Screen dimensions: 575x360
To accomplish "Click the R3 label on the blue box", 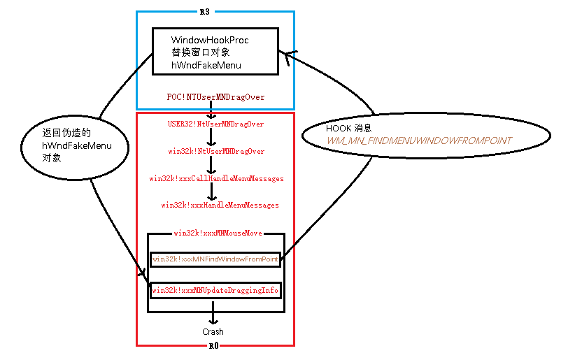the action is click(x=205, y=12).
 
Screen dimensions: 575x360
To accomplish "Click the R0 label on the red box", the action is click(x=214, y=346).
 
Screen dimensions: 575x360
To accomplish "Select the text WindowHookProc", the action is click(x=210, y=40).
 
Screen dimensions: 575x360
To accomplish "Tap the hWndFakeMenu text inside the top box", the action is click(x=206, y=65).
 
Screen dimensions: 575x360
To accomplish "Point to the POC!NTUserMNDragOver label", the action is click(x=215, y=97).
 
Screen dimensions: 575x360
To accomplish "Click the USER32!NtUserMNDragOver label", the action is click(x=215, y=124).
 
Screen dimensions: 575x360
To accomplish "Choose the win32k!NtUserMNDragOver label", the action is click(x=216, y=151).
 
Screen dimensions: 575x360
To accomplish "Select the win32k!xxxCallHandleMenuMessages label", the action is click(x=216, y=178).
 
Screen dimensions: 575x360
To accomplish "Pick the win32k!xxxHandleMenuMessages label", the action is click(x=220, y=205).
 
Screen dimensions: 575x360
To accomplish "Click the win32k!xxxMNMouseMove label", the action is click(x=218, y=233).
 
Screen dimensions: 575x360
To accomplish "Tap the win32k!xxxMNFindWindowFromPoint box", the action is click(x=215, y=259).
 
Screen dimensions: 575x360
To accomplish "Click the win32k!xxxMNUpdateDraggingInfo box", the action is click(x=215, y=290).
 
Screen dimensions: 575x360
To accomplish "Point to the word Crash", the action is click(x=213, y=332).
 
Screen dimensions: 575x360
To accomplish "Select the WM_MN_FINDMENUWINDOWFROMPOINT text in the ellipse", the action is click(x=419, y=141).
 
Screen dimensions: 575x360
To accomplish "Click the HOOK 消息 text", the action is click(x=349, y=128).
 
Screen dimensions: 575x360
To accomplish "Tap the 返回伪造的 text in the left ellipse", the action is click(x=66, y=132).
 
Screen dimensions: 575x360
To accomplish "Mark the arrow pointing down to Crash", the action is click(x=213, y=312).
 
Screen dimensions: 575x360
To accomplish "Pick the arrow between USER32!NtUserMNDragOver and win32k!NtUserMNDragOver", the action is click(x=211, y=138).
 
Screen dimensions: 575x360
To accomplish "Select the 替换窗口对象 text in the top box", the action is click(x=201, y=52).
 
